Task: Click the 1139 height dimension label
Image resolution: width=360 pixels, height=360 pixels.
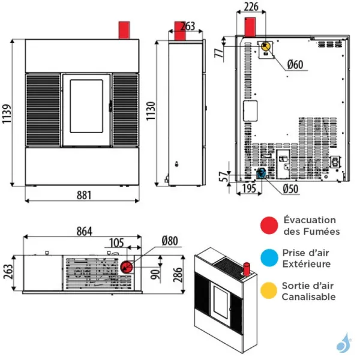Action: click(x=7, y=114)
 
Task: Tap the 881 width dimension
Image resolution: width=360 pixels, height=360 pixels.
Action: click(x=84, y=196)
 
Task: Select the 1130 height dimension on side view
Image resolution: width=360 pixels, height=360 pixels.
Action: click(x=151, y=111)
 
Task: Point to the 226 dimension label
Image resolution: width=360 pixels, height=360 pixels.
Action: click(x=251, y=7)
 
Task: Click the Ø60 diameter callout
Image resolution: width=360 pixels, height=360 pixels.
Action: click(x=295, y=65)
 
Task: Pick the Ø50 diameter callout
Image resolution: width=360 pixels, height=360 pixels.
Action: click(x=290, y=189)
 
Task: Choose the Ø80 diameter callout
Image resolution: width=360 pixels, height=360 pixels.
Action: click(x=170, y=241)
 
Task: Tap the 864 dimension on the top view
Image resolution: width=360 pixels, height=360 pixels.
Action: click(x=84, y=232)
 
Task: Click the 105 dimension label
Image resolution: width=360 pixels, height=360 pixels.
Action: click(x=116, y=243)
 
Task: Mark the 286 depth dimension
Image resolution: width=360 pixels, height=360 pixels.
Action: click(x=178, y=275)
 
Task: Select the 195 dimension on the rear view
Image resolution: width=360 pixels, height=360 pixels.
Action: click(x=249, y=189)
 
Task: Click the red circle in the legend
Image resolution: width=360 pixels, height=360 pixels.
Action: click(x=269, y=225)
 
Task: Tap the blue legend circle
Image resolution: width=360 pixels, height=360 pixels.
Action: click(x=269, y=258)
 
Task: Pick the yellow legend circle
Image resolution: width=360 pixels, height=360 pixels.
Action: click(x=269, y=290)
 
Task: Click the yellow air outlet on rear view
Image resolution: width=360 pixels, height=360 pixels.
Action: click(x=266, y=47)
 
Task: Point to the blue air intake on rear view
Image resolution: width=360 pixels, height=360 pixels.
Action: click(x=261, y=173)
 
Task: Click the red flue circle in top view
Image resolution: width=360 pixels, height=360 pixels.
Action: click(x=126, y=267)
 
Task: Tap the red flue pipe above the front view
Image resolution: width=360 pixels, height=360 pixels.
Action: click(x=124, y=31)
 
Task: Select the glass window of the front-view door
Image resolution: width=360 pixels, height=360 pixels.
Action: click(x=86, y=106)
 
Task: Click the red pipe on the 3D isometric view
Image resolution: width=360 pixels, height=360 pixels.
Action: click(x=247, y=269)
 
